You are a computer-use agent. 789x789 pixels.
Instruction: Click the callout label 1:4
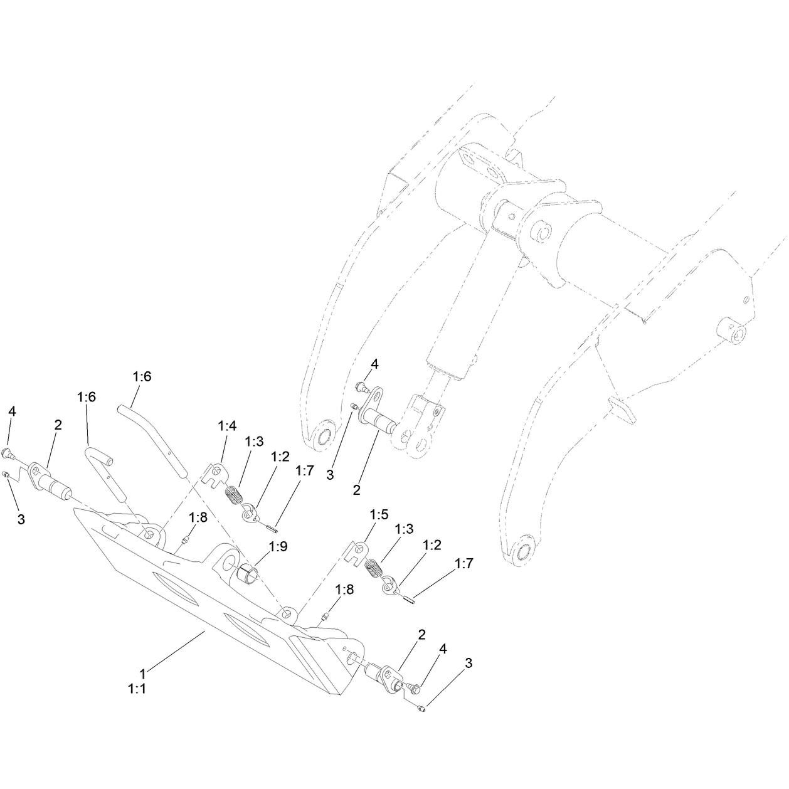pyautogui.click(x=227, y=426)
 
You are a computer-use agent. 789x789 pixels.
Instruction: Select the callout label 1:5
pyautogui.click(x=379, y=514)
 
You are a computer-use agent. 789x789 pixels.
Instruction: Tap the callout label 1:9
pyautogui.click(x=278, y=546)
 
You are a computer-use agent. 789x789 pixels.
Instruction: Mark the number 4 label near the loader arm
pyautogui.click(x=374, y=364)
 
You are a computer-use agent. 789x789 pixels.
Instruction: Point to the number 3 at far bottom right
pyautogui.click(x=469, y=663)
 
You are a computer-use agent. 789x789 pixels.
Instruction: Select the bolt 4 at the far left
pyautogui.click(x=8, y=452)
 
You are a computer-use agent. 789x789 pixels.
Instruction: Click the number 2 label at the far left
pyautogui.click(x=58, y=425)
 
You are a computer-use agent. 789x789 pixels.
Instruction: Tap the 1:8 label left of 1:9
pyautogui.click(x=198, y=517)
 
